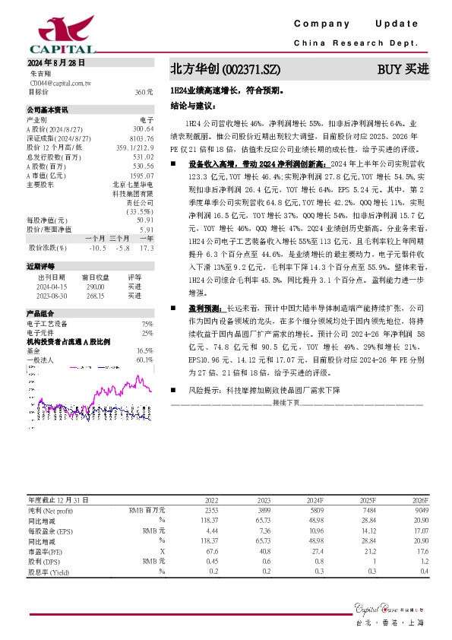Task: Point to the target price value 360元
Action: point(144,91)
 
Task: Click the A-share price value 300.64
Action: point(144,128)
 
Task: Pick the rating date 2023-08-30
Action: point(51,295)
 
